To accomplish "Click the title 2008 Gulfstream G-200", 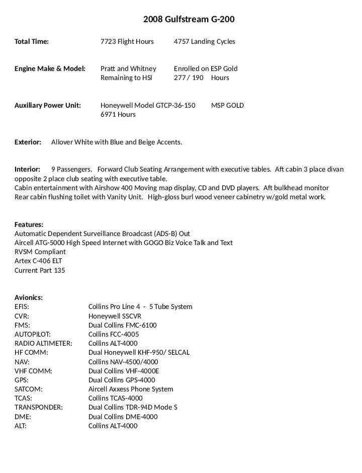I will (189, 20).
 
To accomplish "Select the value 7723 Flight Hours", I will (127, 42).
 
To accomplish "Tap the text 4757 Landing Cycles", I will (204, 42).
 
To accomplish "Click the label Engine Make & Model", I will (50, 69).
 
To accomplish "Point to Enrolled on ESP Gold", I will (206, 69).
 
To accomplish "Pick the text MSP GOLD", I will (227, 106).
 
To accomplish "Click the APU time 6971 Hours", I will (118, 115).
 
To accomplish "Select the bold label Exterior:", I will (28, 142).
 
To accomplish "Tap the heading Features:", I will (29, 225).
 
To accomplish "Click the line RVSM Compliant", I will (40, 252).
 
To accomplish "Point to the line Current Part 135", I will (40, 270).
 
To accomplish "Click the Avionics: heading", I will (28, 298).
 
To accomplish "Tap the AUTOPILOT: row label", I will (32, 334).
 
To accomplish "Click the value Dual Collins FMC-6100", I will (122, 325).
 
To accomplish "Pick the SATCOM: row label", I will (28, 389).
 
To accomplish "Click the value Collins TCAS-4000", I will (115, 398).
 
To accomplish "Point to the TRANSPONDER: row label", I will (38, 408).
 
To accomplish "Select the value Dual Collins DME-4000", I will (123, 417).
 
